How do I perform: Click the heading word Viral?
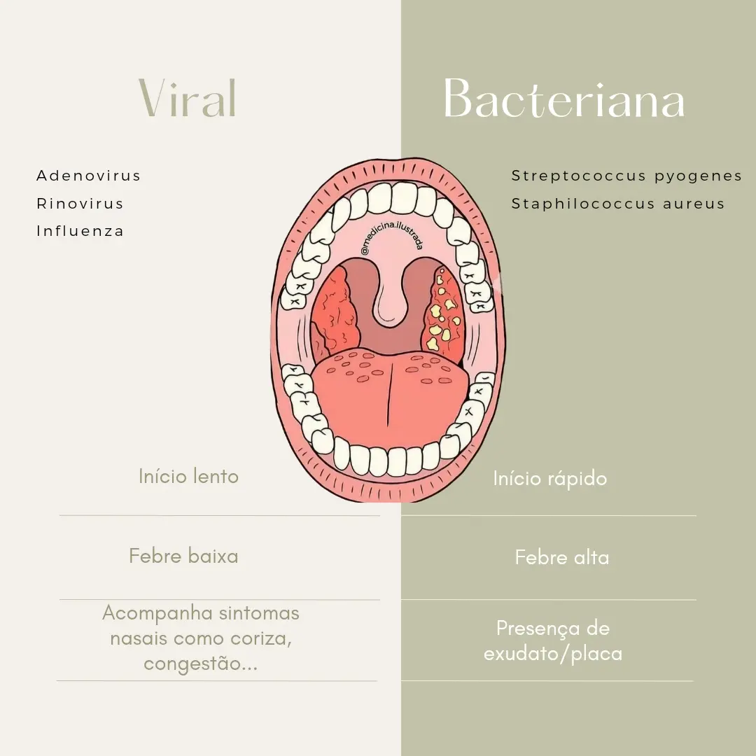[188, 98]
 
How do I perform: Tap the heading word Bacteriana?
[564, 99]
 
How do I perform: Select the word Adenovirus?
[88, 176]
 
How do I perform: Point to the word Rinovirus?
[80, 204]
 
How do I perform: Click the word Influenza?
[80, 231]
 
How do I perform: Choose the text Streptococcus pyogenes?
[626, 176]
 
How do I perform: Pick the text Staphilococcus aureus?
[618, 204]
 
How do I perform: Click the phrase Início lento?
[188, 477]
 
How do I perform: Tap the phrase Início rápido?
[549, 479]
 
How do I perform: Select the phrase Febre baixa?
[183, 556]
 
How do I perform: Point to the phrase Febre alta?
[561, 558]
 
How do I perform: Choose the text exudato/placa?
[552, 654]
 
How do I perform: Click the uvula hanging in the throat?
[391, 301]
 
